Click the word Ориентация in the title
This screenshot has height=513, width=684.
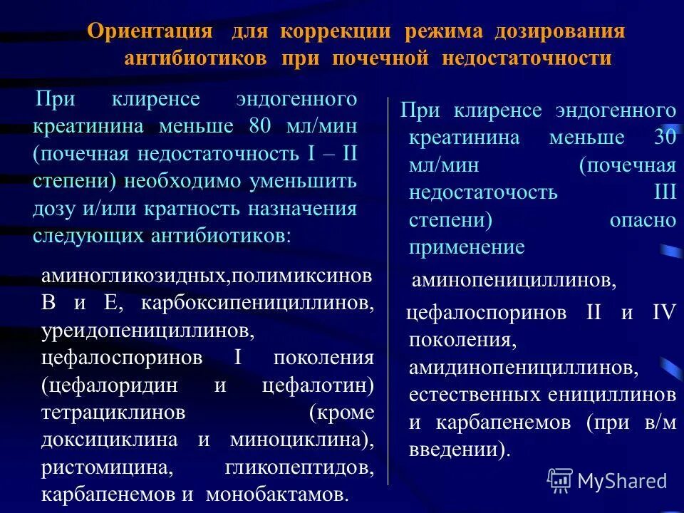coord(150,32)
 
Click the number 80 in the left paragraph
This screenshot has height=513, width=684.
coord(259,126)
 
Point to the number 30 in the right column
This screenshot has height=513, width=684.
coord(663,138)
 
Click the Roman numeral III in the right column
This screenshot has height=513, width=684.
coord(663,193)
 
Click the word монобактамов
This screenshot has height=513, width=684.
coord(278,494)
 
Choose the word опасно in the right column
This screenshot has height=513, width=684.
coord(642,220)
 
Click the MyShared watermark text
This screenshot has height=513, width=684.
coord(621,481)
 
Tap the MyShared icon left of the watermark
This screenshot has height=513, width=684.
coord(559,480)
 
